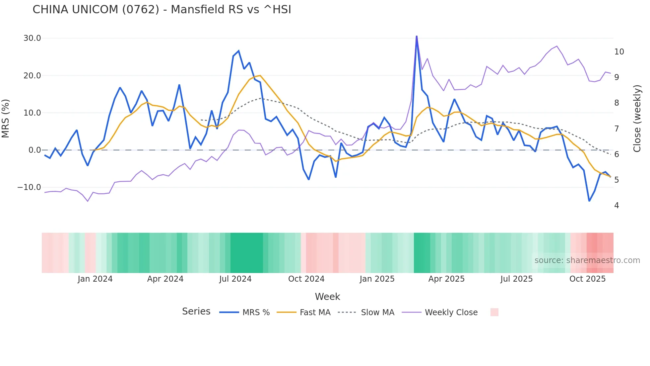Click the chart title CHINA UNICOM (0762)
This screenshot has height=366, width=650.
[x=162, y=10]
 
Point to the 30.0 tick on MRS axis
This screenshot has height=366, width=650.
[x=32, y=38]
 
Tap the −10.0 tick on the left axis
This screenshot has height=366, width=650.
[x=29, y=187]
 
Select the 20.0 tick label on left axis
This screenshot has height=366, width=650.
[x=32, y=76]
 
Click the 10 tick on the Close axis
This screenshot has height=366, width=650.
[x=619, y=52]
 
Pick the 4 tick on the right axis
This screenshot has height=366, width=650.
[x=617, y=206]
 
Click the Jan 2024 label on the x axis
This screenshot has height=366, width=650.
[x=95, y=279]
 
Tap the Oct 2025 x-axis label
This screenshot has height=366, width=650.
[x=587, y=279]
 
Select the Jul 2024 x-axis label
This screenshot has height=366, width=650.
[x=235, y=279]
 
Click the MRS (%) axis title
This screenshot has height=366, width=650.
[x=6, y=119]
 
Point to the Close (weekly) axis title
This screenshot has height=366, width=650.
[x=637, y=119]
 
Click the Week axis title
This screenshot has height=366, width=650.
[x=327, y=297]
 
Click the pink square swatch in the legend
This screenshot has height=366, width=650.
[x=494, y=312]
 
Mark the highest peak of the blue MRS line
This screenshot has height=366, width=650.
[x=417, y=36]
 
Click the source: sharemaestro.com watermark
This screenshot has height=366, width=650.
[x=587, y=260]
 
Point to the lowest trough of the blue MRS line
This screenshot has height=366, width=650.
[x=589, y=201]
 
